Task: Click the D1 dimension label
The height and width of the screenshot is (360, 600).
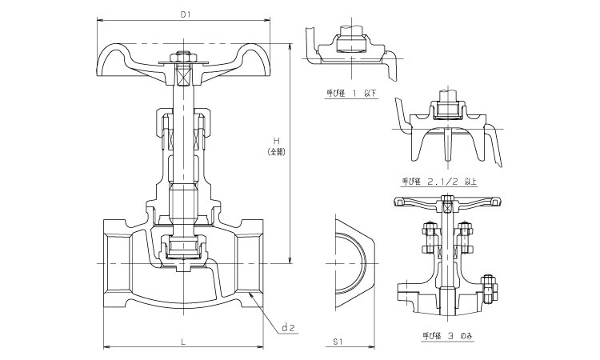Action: click(x=185, y=14)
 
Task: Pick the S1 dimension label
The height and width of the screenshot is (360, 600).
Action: click(x=338, y=342)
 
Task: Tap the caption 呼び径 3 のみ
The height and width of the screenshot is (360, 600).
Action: click(x=442, y=337)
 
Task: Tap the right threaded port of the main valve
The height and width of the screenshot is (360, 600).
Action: click(x=255, y=262)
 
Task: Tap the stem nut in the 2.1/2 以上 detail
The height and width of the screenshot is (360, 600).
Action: click(x=449, y=106)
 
